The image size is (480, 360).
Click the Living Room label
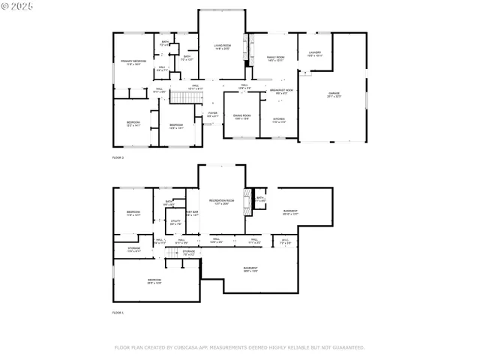click(221, 46)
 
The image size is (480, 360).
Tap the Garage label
click(333, 94)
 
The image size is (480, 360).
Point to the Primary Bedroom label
click(133, 61)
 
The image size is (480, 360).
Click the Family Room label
click(275, 58)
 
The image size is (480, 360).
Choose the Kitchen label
click(278, 120)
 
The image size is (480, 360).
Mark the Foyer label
click(212, 115)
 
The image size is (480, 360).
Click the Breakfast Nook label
click(281, 91)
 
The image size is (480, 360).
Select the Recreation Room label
click(220, 202)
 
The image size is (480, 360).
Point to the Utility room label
click(175, 223)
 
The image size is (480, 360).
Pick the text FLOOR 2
click(118, 158)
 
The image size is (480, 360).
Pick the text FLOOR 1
click(118, 312)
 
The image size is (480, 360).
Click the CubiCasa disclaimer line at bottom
click(239, 347)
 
